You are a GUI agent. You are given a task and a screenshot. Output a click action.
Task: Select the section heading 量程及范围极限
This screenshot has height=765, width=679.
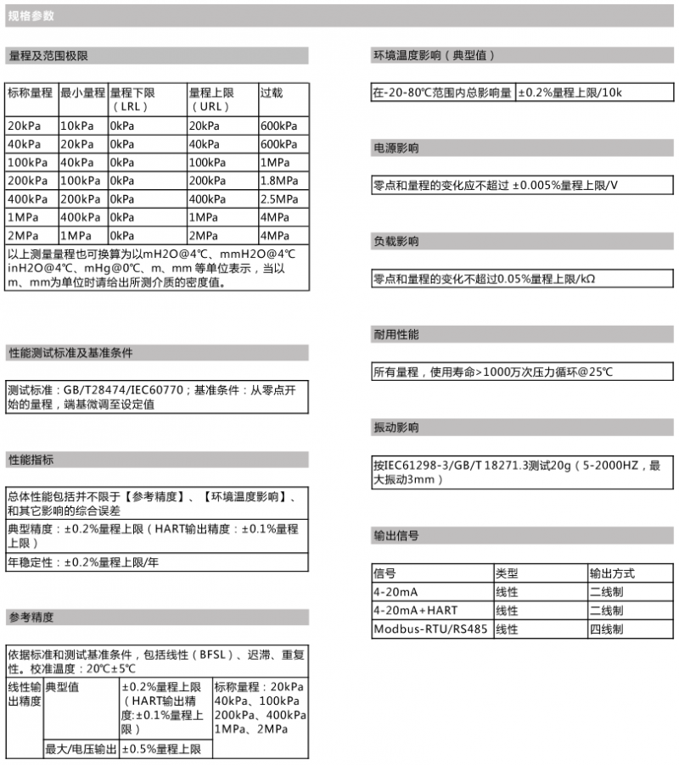[x=48, y=56]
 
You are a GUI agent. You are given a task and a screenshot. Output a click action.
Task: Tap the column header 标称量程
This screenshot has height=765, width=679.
[x=30, y=93]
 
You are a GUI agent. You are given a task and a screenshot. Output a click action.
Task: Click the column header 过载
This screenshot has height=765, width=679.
[x=271, y=93]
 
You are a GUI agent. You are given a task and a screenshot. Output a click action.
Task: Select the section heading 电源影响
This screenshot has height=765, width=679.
[x=396, y=148]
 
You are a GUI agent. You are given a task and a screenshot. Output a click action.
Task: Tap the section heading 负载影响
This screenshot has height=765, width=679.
[x=396, y=242]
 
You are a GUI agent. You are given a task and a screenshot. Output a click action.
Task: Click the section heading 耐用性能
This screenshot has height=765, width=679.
[x=396, y=335]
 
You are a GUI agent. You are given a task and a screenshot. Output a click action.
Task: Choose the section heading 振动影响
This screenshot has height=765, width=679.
[x=396, y=427]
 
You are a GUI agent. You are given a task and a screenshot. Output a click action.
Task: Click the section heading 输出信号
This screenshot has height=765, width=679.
[x=396, y=536]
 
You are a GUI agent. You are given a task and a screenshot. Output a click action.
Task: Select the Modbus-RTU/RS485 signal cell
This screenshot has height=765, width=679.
[x=430, y=629]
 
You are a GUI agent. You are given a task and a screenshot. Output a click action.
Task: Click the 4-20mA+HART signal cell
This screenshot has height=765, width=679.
[x=416, y=611]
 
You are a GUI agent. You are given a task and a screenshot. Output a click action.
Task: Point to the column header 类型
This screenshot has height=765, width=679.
[x=507, y=573]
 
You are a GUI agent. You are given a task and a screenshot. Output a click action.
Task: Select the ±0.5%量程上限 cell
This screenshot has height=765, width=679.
[x=161, y=749]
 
